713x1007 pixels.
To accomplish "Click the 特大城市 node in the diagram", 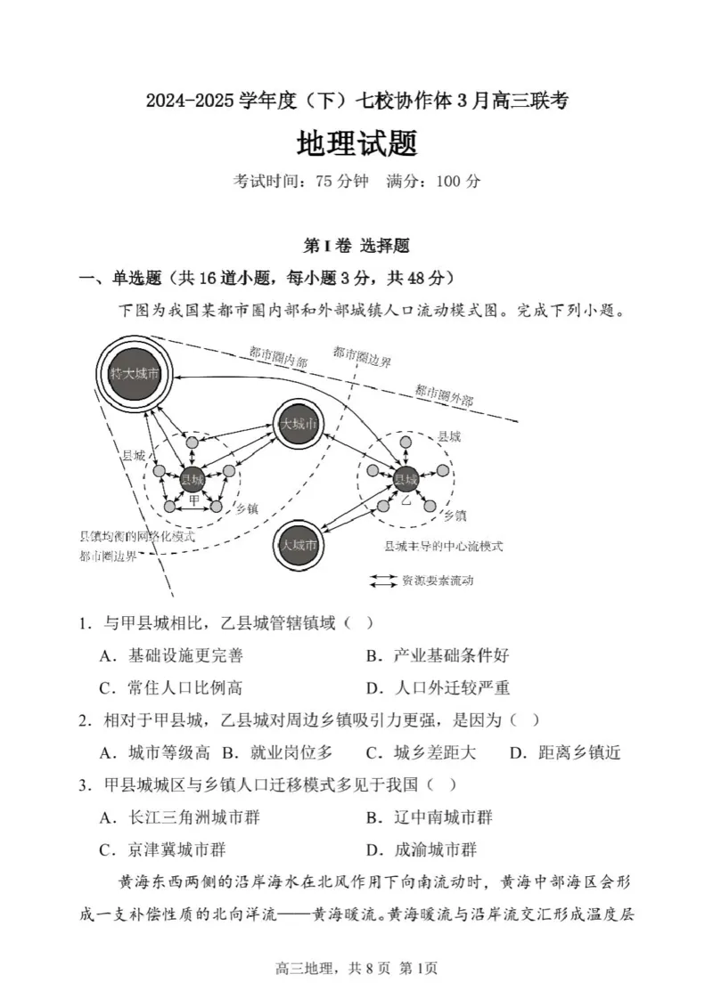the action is [135, 374].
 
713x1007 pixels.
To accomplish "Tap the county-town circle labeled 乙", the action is [406, 478].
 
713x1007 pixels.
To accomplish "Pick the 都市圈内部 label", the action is [278, 359].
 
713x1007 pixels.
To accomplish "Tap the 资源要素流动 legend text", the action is [437, 581].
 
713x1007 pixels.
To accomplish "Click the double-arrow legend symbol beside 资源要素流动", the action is [383, 581].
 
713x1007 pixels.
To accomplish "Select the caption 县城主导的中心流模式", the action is [443, 546].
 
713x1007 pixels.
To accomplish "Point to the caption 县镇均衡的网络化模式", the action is [137, 538].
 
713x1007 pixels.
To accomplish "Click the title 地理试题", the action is [356, 142].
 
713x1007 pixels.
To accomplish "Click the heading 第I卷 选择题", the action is [356, 245].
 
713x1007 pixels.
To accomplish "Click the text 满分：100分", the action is [434, 181].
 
